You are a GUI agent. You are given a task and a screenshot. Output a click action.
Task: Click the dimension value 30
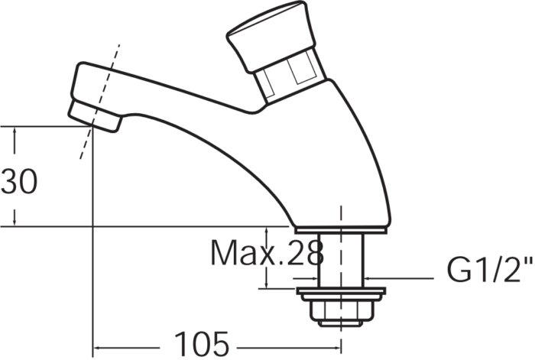[x=18, y=183]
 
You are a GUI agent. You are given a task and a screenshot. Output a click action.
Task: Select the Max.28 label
[x=266, y=252]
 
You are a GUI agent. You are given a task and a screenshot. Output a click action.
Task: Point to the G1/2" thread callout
[x=488, y=271]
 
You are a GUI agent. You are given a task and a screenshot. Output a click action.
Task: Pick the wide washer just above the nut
[x=340, y=292]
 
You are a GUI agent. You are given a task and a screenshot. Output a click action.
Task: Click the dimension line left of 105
[x=130, y=344]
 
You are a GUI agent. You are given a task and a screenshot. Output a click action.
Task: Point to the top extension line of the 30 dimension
[x=46, y=125]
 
